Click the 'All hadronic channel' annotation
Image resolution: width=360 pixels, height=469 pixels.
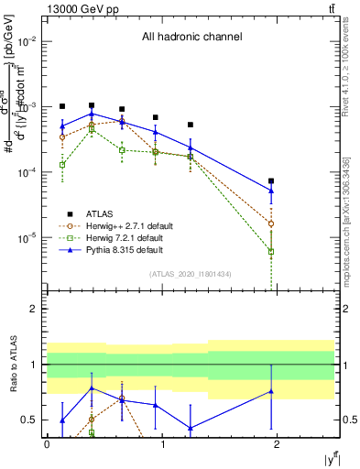point(191,38)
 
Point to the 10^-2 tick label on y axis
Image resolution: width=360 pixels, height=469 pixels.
point(27,41)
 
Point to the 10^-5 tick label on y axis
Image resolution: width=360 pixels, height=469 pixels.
point(27,237)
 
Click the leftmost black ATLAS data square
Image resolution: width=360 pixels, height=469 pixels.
point(62,106)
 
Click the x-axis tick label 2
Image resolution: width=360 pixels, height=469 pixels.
point(277,444)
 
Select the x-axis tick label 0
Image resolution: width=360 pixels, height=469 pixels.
point(47,444)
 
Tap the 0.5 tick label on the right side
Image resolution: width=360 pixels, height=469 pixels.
point(348,420)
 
